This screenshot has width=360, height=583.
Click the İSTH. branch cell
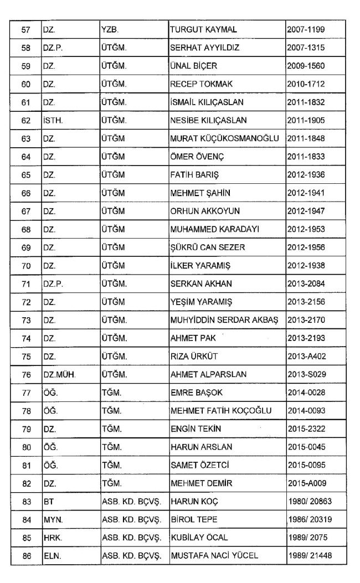pyautogui.click(x=53, y=120)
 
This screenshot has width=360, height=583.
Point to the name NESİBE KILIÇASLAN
pyautogui.click(x=208, y=120)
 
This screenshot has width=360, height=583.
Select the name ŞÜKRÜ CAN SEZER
pyautogui.click(x=208, y=247)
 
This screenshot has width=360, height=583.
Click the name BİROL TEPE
pyautogui.click(x=194, y=520)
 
